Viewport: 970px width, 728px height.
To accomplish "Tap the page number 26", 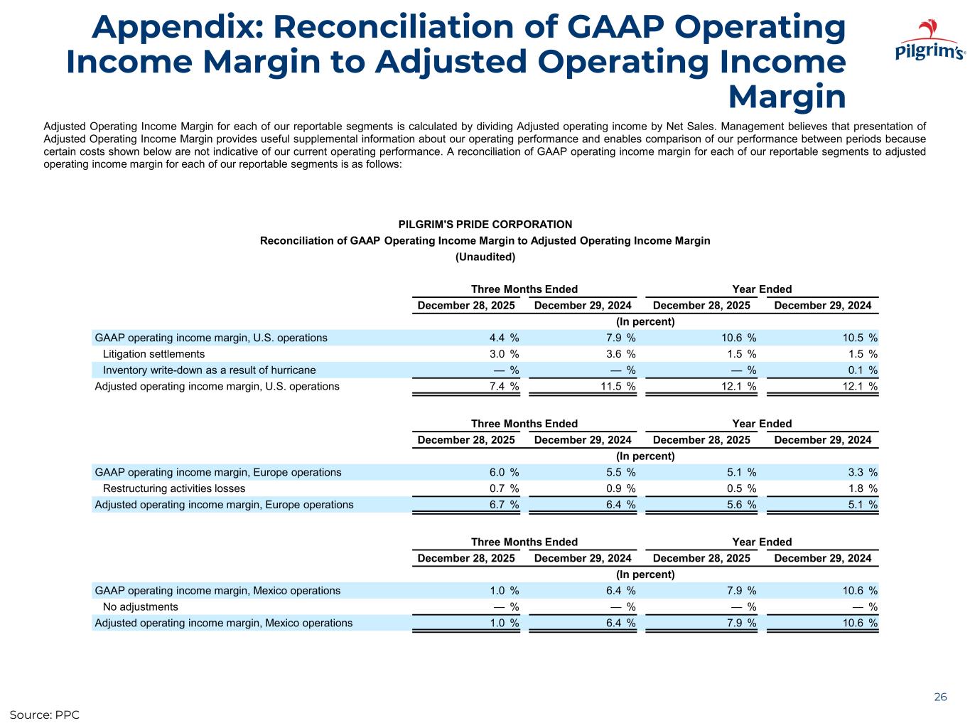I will (940, 697).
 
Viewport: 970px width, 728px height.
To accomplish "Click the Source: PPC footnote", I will (44, 714).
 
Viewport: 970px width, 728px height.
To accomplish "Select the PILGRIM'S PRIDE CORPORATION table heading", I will (485, 225).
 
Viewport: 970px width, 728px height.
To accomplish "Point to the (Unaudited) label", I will (485, 257).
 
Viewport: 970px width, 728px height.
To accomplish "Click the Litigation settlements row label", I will (153, 354).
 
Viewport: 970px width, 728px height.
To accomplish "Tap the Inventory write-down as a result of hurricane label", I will (209, 370).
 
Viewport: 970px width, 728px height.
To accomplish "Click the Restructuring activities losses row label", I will (174, 489).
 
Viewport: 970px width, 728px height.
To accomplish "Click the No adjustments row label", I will (141, 607).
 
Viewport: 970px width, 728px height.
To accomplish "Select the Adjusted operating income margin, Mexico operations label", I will (224, 623).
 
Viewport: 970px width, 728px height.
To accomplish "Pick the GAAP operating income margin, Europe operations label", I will (218, 473).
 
